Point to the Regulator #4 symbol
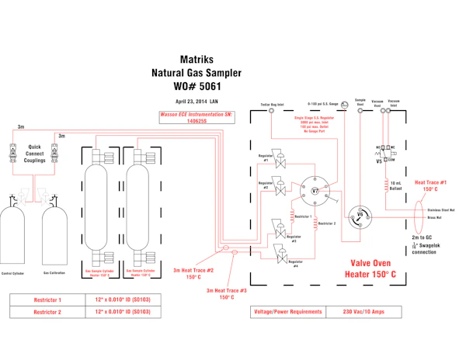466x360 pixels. [x=277, y=253]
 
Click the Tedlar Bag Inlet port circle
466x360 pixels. [x=271, y=111]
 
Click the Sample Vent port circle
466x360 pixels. [x=360, y=111]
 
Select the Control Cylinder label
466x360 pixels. [x=16, y=274]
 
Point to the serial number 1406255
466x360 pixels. [x=196, y=122]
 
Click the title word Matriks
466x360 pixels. [x=197, y=58]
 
